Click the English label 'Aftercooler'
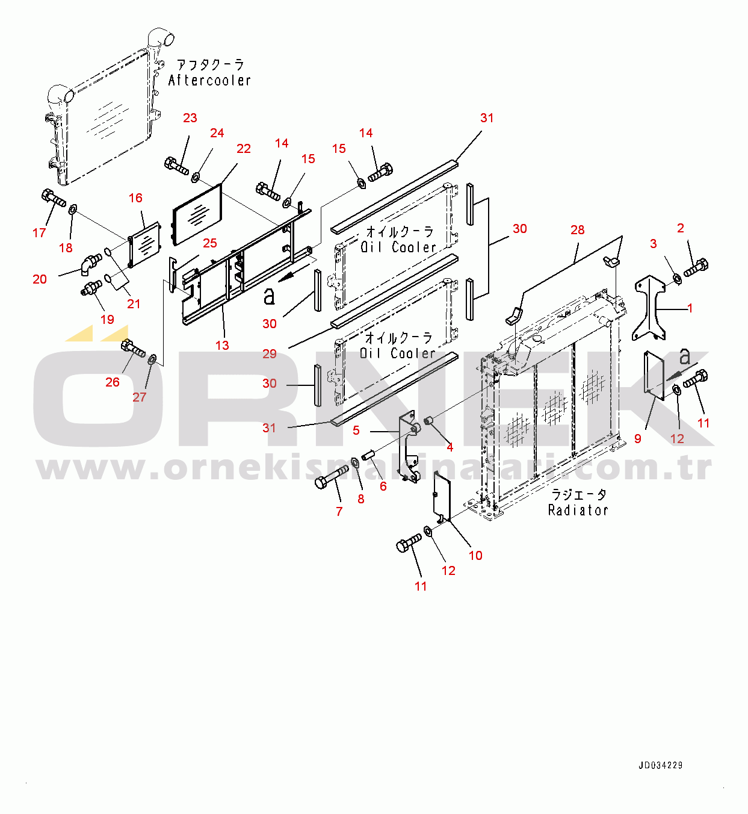209,80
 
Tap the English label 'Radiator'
578,510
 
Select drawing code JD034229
660,765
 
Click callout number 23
190,118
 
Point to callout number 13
222,345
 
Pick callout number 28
577,230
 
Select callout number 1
690,308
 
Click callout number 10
475,555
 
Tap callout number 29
270,353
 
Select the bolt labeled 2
696,267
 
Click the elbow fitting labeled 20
91,263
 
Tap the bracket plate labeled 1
650,307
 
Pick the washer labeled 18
73,210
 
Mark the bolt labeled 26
133,349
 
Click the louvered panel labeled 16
145,245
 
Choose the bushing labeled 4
430,420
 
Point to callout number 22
244,149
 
